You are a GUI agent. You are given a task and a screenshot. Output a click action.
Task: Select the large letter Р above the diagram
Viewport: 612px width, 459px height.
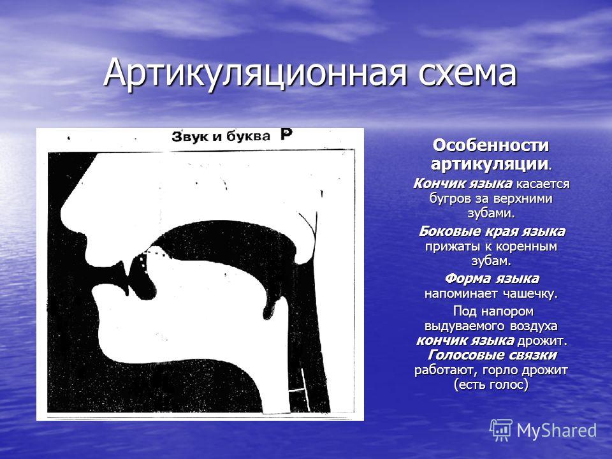(286, 135)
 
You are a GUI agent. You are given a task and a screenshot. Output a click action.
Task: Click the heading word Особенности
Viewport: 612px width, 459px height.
(491, 145)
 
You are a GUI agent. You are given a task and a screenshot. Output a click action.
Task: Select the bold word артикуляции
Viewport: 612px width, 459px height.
(489, 164)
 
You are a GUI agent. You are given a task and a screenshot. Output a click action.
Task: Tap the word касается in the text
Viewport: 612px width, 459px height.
(543, 184)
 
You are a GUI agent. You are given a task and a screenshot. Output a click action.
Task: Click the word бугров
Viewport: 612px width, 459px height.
(449, 198)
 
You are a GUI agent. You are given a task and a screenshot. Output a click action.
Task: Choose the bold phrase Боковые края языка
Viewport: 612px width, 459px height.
(492, 231)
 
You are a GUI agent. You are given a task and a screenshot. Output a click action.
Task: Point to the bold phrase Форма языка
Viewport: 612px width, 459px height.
(492, 279)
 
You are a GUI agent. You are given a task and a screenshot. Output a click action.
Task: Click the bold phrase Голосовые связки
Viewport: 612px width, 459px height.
(492, 355)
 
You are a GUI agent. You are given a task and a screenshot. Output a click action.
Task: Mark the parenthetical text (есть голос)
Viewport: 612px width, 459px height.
(491, 385)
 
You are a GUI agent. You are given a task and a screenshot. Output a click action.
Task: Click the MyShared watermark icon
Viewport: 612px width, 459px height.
(501, 430)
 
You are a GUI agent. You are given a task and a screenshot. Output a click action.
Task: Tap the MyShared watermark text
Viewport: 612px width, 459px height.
(557, 430)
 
